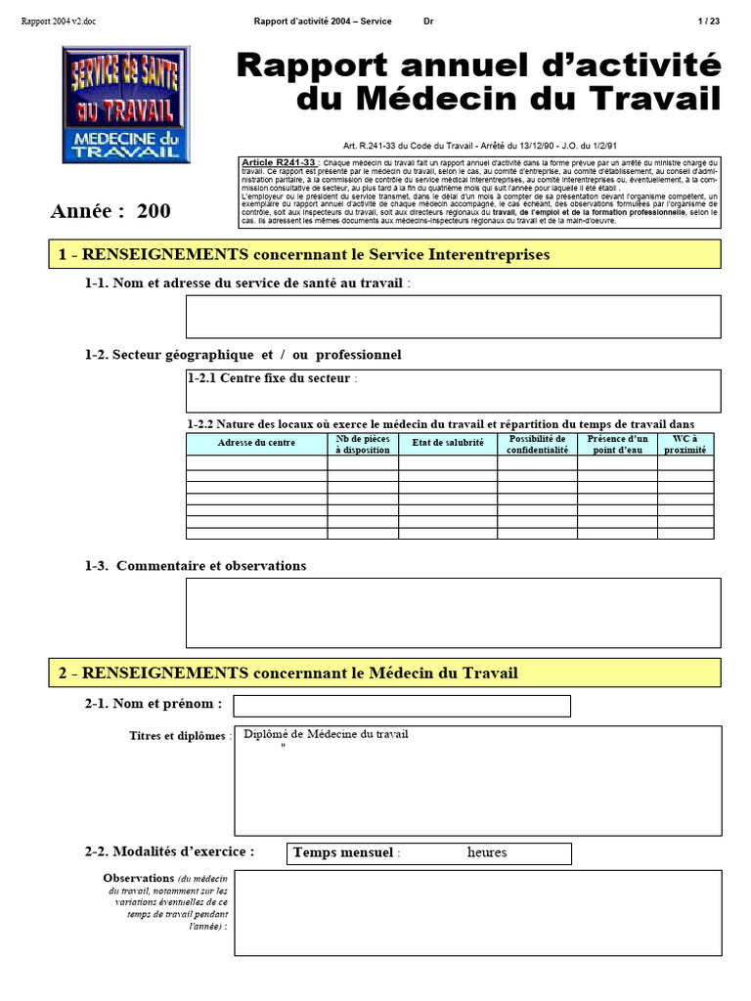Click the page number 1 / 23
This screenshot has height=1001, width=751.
[x=709, y=21]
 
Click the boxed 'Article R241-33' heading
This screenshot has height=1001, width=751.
[x=278, y=161]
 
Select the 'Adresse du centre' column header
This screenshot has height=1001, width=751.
[x=256, y=444]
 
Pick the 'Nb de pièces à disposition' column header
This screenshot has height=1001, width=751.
[x=363, y=445]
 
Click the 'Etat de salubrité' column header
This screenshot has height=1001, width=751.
[x=447, y=444]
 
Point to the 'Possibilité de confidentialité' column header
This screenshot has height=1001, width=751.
[x=537, y=445]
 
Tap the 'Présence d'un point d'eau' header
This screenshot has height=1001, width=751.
[x=617, y=445]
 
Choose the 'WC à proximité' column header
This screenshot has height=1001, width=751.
[x=685, y=445]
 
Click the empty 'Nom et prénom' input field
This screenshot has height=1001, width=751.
[x=401, y=705]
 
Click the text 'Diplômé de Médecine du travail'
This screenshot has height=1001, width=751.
[x=326, y=734]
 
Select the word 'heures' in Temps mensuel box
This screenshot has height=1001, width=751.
[x=487, y=852]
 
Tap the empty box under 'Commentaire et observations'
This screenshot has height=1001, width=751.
[x=453, y=613]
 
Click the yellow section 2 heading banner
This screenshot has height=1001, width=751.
[x=384, y=673]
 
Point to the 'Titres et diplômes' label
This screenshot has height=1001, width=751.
[x=180, y=736]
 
